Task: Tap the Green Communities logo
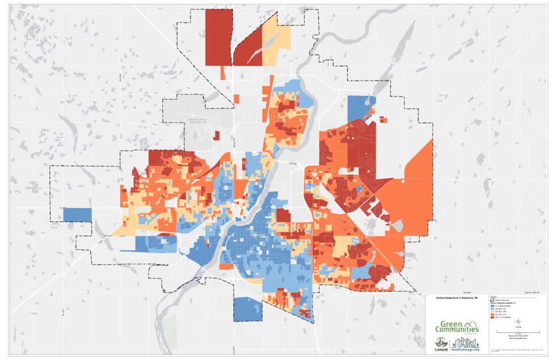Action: tap(457, 327)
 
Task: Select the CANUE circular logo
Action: tap(441, 342)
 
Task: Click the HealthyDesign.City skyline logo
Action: tap(465, 344)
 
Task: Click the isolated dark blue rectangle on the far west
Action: tap(77, 215)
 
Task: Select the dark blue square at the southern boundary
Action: tap(245, 308)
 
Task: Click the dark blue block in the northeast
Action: tap(358, 108)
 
